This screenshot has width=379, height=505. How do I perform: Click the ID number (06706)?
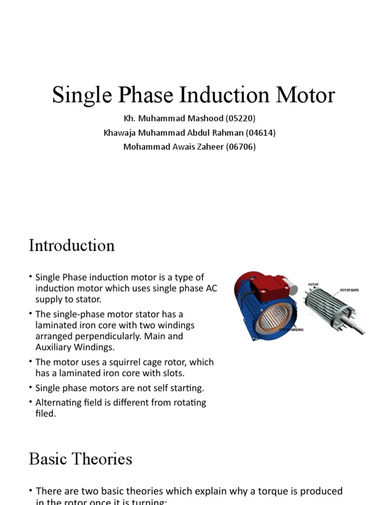240,146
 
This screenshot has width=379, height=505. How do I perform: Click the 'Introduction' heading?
72,246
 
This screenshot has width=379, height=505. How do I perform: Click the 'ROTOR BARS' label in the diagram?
349,290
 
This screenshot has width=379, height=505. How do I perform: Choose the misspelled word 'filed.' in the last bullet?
45,414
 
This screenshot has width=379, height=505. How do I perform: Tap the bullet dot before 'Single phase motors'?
31,388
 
